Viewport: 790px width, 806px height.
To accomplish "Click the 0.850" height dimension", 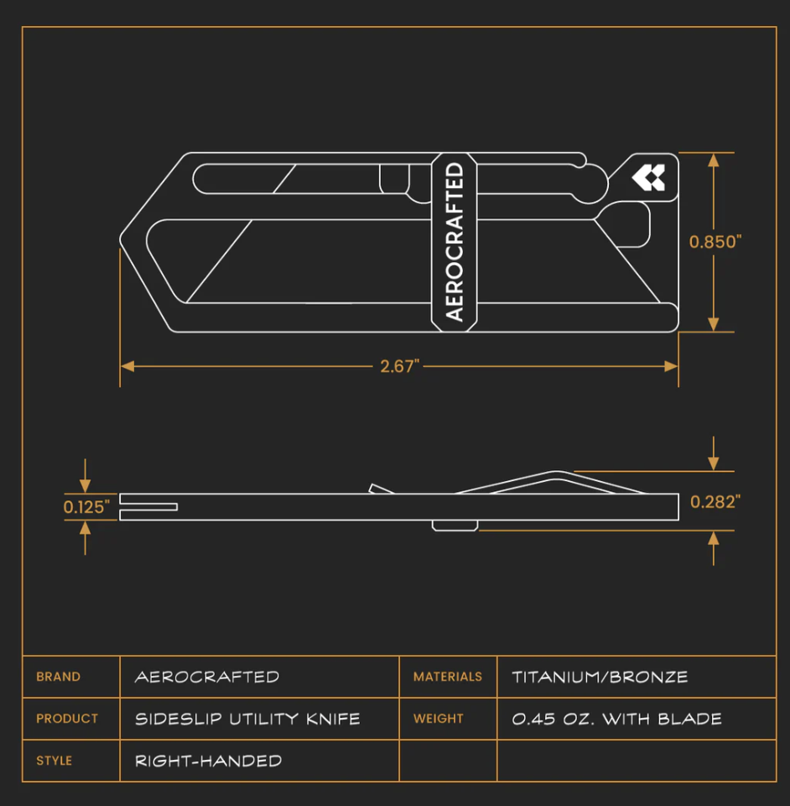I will pyautogui.click(x=715, y=242).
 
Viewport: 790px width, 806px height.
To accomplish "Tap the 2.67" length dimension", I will pyautogui.click(x=399, y=367).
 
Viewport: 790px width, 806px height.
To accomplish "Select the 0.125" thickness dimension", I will pyautogui.click(x=86, y=507).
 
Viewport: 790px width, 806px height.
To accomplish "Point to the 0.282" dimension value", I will pyautogui.click(x=715, y=502).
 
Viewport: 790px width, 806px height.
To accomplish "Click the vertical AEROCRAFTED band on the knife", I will pyautogui.click(x=454, y=242).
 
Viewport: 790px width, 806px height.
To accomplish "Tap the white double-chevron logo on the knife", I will pyautogui.click(x=648, y=177).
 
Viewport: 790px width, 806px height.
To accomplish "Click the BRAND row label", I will pyautogui.click(x=59, y=677).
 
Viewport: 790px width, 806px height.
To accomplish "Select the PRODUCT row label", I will pyautogui.click(x=67, y=719).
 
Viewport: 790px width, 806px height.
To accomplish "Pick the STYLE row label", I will pyautogui.click(x=55, y=761).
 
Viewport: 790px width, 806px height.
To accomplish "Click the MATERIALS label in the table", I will pyautogui.click(x=448, y=677).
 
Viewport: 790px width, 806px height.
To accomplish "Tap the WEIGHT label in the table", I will pyautogui.click(x=439, y=719).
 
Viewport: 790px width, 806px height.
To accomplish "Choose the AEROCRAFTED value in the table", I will pyautogui.click(x=207, y=677).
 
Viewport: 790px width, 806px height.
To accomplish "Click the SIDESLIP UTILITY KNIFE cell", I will pyautogui.click(x=248, y=719).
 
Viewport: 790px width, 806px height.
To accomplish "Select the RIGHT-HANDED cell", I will pyautogui.click(x=209, y=761).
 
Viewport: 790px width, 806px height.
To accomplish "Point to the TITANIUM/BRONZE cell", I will pyautogui.click(x=600, y=677).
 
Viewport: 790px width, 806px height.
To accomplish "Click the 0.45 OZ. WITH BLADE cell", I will pyautogui.click(x=617, y=719).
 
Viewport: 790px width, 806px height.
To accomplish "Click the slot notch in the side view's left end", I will pyautogui.click(x=149, y=506).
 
